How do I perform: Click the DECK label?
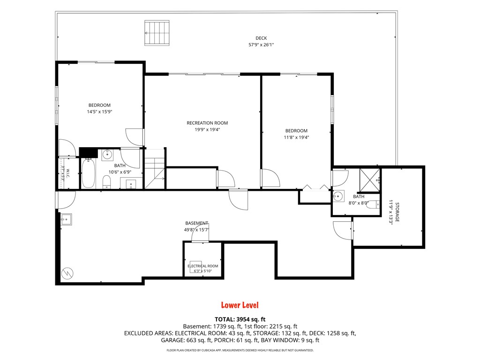[x=261, y=38]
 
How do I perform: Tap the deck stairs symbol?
[x=157, y=33]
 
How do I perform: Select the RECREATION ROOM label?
[x=207, y=123]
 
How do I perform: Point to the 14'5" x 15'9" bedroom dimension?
[x=99, y=112]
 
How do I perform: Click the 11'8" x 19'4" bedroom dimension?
[x=296, y=137]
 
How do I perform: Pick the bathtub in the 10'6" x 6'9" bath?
[x=88, y=173]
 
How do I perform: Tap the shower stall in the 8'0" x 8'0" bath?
[x=369, y=180]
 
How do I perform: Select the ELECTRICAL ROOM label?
[x=202, y=266]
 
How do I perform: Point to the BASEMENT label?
[x=196, y=223]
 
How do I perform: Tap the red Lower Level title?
[x=240, y=305]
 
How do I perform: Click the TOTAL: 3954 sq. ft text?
[x=240, y=319]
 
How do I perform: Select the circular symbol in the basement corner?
[x=67, y=273]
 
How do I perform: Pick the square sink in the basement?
[x=66, y=219]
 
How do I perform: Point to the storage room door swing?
[x=342, y=230]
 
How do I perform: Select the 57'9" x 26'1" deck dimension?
[x=261, y=45]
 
